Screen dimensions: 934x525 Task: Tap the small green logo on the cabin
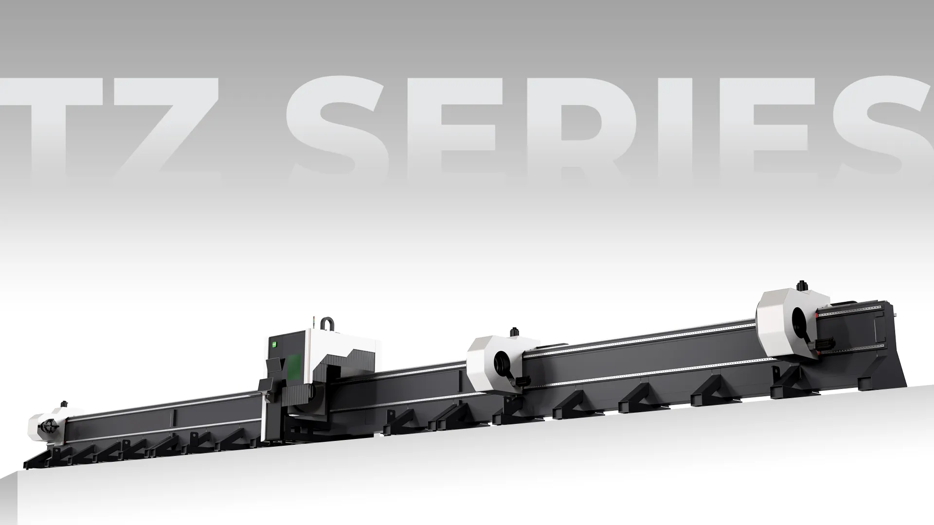coord(274,344)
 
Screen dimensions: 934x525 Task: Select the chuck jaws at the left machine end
coord(50,426)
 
